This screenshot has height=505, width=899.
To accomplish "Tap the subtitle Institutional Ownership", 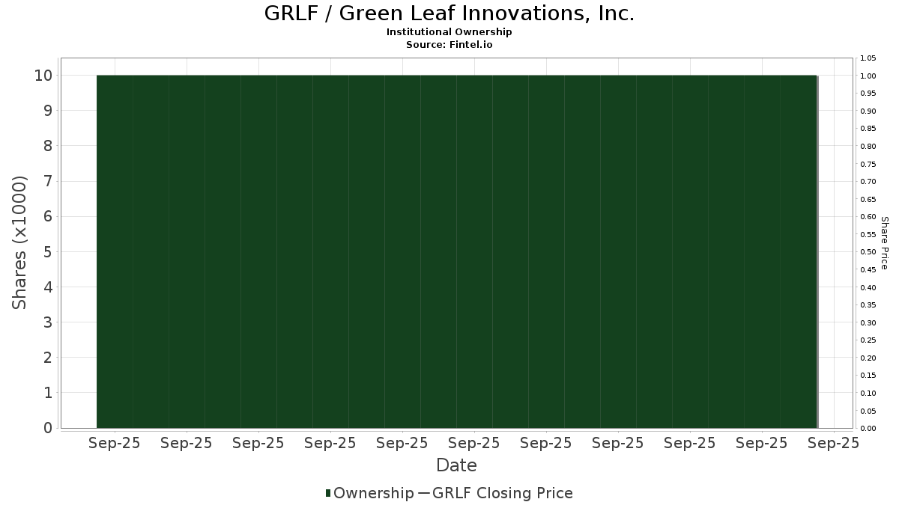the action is coord(449,32).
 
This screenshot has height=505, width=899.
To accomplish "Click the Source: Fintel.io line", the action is coord(449,44).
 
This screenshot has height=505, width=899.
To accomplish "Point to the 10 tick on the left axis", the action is coord(43,76).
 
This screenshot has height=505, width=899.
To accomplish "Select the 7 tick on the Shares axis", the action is coord(48,181).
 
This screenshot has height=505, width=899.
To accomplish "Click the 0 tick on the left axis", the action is coord(48,428).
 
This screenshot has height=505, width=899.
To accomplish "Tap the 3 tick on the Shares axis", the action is coord(48,322).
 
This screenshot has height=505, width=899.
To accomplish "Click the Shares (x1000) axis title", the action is coord(19,243).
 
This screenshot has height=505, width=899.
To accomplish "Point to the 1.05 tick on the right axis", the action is coord(868,58).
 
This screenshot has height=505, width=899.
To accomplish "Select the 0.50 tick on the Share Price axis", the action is coord(868,252).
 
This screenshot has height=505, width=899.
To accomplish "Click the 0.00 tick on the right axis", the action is coord(868,429).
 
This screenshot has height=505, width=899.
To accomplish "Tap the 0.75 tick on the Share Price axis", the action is coord(868,165).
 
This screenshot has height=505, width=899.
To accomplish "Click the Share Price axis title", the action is coord(885,243).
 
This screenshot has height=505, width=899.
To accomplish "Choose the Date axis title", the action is coord(456,465).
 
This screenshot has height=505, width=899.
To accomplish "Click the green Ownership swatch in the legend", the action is coord(328,493).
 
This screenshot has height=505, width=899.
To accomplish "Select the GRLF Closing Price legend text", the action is coord(503,493).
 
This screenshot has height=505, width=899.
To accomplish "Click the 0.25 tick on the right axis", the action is coord(868,340).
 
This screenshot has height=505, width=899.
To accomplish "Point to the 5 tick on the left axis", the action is coord(48,251).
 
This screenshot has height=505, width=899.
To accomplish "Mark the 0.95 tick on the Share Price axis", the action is coord(868,94).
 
